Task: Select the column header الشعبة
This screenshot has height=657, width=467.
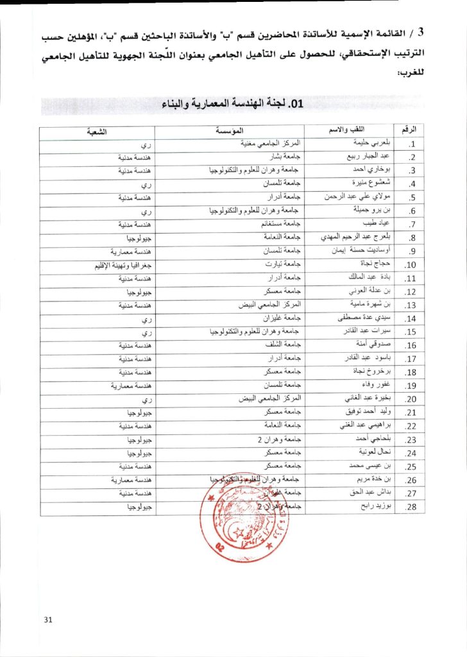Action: point(97,132)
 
